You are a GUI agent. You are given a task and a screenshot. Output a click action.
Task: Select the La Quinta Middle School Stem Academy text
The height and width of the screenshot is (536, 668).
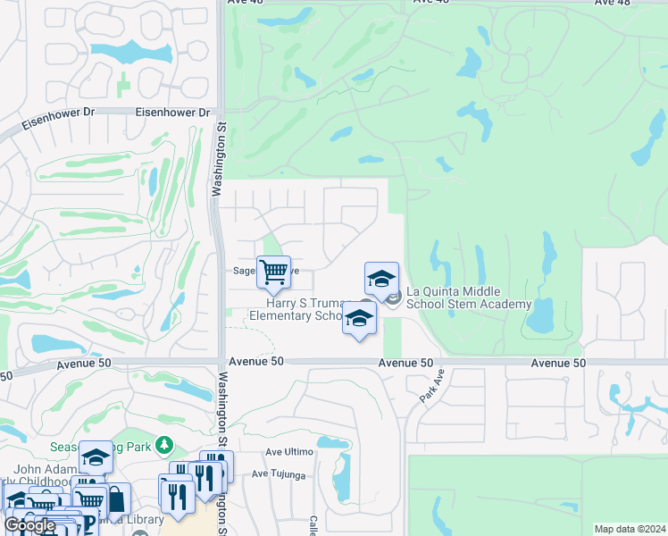tap(468, 298)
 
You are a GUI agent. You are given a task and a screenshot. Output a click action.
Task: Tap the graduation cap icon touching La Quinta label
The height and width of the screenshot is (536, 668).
tap(381, 280)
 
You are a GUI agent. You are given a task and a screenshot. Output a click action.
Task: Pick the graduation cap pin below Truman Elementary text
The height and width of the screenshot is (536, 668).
tap(359, 319)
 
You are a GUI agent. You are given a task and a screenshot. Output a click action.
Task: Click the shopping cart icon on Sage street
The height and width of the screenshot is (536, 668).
tap(273, 272)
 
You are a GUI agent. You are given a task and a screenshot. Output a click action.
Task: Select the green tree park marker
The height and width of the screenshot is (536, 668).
tap(163, 445)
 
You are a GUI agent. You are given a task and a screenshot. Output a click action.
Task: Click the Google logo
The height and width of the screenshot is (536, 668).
tap(30, 525)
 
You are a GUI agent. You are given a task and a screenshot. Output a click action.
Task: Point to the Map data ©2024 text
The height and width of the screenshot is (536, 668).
tap(630, 529)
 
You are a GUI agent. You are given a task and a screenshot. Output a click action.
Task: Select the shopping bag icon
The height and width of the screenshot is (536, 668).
tap(116, 499)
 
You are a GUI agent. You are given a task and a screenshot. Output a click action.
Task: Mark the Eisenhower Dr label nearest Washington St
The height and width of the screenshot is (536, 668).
tap(172, 113)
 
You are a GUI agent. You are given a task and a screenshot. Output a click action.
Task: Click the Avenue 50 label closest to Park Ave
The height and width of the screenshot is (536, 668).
tap(405, 363)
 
